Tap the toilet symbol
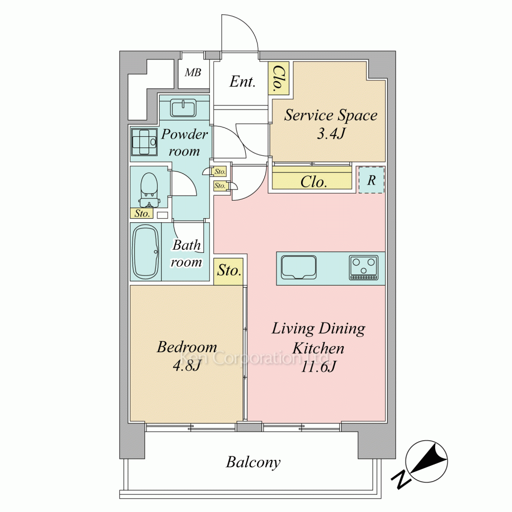click(x=149, y=190)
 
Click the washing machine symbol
click(x=144, y=142)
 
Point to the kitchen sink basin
click(x=299, y=267)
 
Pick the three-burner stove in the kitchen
click(x=364, y=267)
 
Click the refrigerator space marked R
click(x=372, y=180)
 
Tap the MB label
click(x=193, y=73)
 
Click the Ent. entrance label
click(x=242, y=81)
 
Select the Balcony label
click(x=253, y=462)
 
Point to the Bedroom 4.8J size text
click(x=186, y=366)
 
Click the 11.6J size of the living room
click(x=318, y=367)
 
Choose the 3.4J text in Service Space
click(x=331, y=133)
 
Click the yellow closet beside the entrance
click(x=279, y=79)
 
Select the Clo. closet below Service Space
click(x=312, y=181)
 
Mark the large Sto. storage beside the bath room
click(x=228, y=271)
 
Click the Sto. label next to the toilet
click(x=142, y=214)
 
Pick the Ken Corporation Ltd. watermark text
click(x=256, y=358)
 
